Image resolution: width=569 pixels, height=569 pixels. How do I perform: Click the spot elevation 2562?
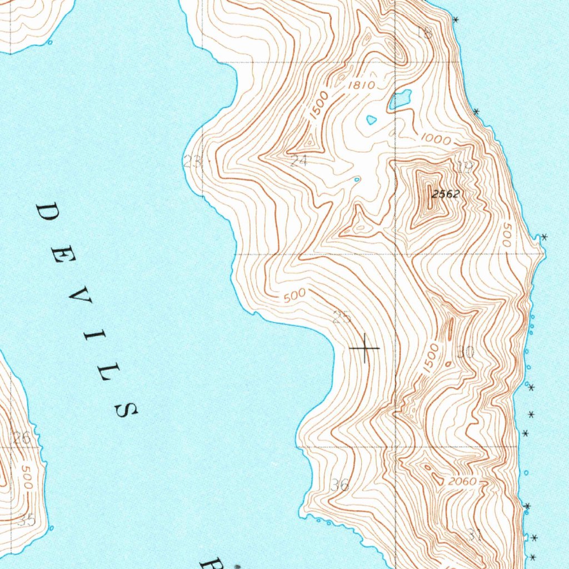(x=446, y=194)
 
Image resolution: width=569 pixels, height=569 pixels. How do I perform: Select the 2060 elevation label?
(x=462, y=481)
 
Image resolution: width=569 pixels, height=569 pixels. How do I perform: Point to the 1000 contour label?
(x=436, y=140)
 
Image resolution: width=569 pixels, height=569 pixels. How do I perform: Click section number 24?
(x=299, y=161)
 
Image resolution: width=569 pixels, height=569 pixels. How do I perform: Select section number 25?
(x=342, y=317)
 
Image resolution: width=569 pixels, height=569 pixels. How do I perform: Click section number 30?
(x=465, y=351)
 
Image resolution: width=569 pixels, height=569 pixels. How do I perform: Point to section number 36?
(x=340, y=485)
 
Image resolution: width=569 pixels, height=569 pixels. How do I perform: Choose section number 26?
(x=22, y=438)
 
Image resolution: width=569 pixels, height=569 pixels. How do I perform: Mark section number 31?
(x=473, y=535)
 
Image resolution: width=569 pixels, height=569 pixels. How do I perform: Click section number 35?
(x=26, y=521)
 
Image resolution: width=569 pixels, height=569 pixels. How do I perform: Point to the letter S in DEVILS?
(x=126, y=410)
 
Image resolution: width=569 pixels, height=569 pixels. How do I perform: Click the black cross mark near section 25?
(x=365, y=348)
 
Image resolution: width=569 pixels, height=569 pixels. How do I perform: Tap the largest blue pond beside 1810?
(x=400, y=99)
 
